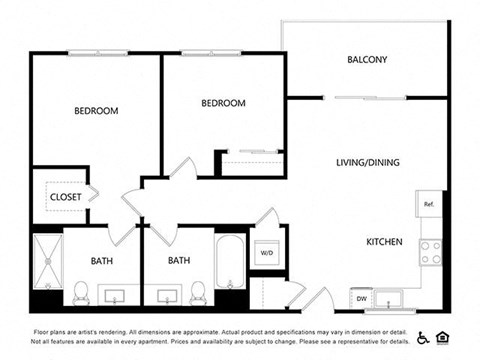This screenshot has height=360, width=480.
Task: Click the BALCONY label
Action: click(x=367, y=59)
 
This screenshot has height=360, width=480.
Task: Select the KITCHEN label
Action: click(x=384, y=242)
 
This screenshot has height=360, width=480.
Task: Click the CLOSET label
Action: click(x=66, y=197)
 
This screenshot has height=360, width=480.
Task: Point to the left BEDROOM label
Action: click(x=96, y=110)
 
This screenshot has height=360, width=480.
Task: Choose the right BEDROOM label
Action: click(x=223, y=103)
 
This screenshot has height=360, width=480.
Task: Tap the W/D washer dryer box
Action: click(x=268, y=253)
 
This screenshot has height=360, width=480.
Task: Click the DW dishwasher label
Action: click(x=360, y=298)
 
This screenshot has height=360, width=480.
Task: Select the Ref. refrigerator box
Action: click(x=429, y=204)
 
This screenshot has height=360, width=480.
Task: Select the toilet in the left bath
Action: click(x=81, y=292)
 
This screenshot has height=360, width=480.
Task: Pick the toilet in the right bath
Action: click(x=198, y=292)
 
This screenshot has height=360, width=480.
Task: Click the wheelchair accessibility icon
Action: click(x=423, y=337)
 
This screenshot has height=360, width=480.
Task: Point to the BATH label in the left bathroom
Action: click(x=102, y=261)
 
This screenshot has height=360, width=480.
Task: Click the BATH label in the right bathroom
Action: click(x=179, y=261)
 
